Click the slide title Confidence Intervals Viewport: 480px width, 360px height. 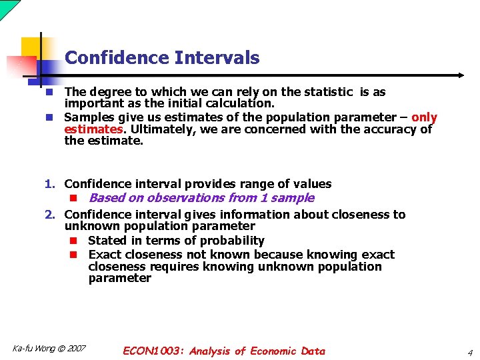pyautogui.click(x=162, y=58)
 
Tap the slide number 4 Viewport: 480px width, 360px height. pyautogui.click(x=469, y=352)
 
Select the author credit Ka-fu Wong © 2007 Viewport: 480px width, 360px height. pyautogui.click(x=49, y=349)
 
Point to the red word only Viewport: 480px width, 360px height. pyautogui.click(x=424, y=117)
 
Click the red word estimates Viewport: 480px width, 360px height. pyautogui.click(x=93, y=129)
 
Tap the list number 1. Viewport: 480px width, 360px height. pyautogui.click(x=49, y=184)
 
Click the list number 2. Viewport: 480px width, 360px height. pyautogui.click(x=49, y=215)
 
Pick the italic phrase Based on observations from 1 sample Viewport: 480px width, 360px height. pyautogui.click(x=201, y=198)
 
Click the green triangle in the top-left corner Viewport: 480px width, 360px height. pyautogui.click(x=7, y=7)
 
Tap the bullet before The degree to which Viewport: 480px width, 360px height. pyautogui.click(x=49, y=92)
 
